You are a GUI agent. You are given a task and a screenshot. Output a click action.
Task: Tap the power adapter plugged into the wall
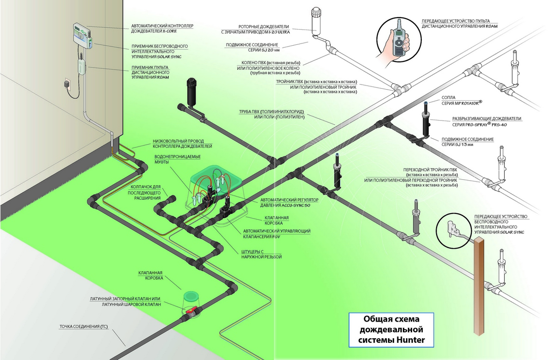click(x=67, y=84)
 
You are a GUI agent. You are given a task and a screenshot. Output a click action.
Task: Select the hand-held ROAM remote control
click(x=399, y=41)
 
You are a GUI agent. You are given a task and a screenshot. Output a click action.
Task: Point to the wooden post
click(x=479, y=286)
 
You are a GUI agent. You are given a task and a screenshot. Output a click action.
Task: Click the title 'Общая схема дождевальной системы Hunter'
click(x=391, y=329)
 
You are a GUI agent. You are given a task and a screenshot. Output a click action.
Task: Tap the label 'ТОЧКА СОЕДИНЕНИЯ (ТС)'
click(x=84, y=327)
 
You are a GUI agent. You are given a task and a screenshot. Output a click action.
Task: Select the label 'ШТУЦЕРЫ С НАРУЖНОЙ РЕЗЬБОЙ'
click(x=261, y=254)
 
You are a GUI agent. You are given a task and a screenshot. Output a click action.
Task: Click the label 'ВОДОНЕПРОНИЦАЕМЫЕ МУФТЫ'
click(x=178, y=159)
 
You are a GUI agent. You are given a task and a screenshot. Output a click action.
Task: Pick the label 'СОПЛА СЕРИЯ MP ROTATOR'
click(x=462, y=100)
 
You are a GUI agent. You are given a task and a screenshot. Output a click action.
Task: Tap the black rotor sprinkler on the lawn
click(x=191, y=92)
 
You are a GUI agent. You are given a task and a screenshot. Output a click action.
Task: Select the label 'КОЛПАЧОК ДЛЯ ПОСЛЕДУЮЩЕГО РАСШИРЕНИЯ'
click(x=145, y=192)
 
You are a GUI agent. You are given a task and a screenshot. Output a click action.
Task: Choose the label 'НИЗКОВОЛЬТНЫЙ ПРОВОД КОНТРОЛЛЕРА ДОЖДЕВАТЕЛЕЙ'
click(x=182, y=144)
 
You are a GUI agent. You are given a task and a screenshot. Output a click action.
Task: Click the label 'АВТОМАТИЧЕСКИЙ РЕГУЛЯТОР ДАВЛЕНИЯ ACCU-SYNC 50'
click(x=289, y=202)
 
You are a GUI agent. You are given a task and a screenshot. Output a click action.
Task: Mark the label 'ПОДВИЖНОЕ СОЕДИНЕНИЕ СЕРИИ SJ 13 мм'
click(x=468, y=141)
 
